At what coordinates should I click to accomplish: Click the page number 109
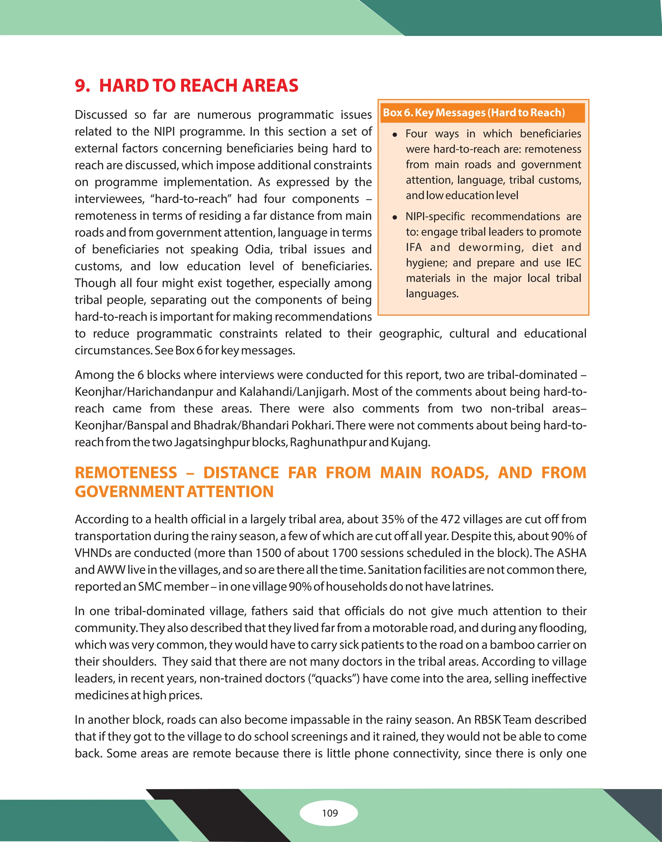tap(330, 813)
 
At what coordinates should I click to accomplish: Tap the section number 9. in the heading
tap(82, 86)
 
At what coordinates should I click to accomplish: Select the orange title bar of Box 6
tap(483, 113)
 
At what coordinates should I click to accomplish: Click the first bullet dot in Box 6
tap(395, 135)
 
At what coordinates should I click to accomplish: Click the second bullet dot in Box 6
tap(395, 217)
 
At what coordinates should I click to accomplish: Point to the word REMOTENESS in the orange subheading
tap(126, 473)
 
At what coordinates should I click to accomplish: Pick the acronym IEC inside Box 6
tap(573, 263)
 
